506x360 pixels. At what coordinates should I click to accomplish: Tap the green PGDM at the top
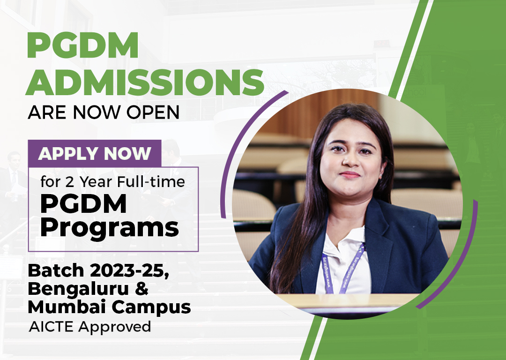(83, 45)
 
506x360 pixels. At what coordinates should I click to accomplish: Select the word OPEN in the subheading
(153, 112)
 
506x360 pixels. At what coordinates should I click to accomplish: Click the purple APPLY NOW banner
(95, 153)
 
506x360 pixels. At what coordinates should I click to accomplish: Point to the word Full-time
(151, 181)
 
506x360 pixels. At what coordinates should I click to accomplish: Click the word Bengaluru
(78, 289)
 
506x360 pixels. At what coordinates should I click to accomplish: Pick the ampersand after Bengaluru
(141, 288)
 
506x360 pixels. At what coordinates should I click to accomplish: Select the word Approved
(115, 327)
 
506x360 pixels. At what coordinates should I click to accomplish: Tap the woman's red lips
(349, 175)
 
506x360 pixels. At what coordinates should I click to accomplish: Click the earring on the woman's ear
(381, 175)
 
